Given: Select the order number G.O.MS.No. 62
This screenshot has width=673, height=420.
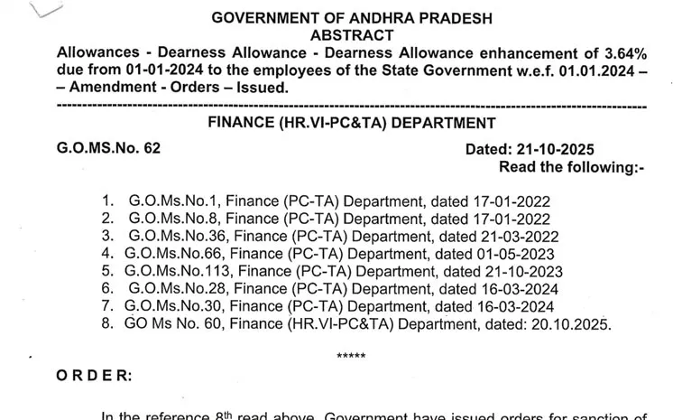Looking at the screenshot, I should pos(108,148).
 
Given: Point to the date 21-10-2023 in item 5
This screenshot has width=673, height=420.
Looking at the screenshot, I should pos(519,271).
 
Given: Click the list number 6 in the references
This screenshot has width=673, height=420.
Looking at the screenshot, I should pos(106,288).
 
